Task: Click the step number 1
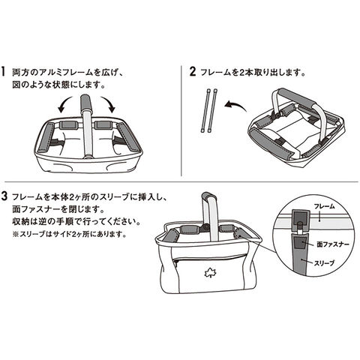(3, 72)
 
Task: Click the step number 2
(193, 72)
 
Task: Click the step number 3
(4, 196)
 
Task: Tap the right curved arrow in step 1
(109, 103)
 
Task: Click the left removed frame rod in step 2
(205, 110)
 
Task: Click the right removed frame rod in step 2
(212, 110)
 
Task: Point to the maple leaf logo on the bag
(208, 273)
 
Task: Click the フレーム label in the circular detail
(324, 206)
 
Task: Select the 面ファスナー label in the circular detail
(333, 244)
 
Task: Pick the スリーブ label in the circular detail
(324, 263)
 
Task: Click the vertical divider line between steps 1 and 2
(181, 121)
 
